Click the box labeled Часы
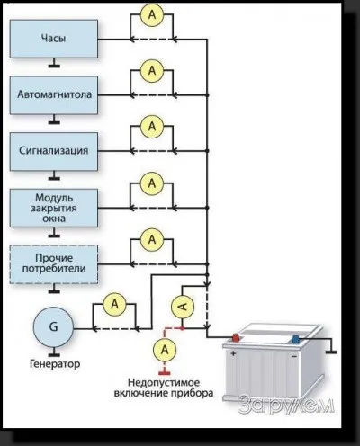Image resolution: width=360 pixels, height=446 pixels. click(x=54, y=39)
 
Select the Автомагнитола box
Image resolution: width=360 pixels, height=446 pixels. click(x=54, y=95)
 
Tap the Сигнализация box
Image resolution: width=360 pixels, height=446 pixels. click(x=54, y=151)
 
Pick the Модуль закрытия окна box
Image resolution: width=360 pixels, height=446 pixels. click(x=54, y=208)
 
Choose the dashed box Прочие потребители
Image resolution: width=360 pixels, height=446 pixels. click(x=54, y=264)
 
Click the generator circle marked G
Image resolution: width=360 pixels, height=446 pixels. click(x=53, y=327)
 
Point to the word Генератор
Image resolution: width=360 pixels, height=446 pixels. click(x=55, y=364)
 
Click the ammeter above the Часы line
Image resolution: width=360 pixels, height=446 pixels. click(x=152, y=14)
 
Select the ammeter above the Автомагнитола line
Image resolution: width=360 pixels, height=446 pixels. click(x=152, y=71)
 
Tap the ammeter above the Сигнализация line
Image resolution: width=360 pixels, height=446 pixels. click(x=152, y=127)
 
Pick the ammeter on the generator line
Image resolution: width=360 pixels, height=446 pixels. click(x=115, y=305)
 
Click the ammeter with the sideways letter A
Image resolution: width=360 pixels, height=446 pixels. click(x=183, y=307)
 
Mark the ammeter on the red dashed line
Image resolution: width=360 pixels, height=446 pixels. click(x=165, y=350)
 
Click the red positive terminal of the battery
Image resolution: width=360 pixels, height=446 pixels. click(x=236, y=338)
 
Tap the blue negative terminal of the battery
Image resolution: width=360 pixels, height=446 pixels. click(x=295, y=340)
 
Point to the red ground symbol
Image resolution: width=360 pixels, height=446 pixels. click(x=165, y=372)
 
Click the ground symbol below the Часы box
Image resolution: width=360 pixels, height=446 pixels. click(x=54, y=63)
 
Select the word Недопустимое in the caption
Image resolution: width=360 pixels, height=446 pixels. click(x=164, y=383)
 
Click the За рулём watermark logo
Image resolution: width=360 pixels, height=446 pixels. click(x=286, y=406)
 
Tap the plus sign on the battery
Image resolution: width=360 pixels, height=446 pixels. click(x=233, y=353)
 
